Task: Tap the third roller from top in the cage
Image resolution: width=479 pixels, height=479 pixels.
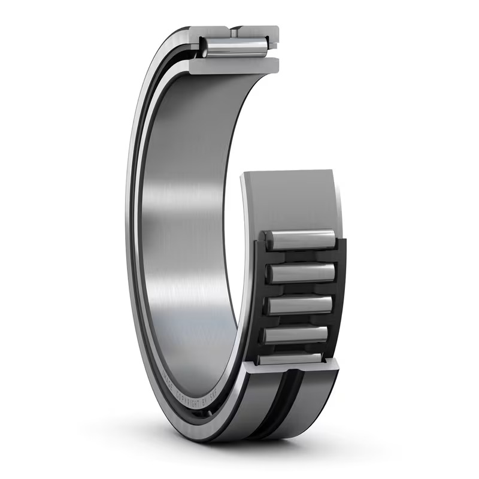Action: pyautogui.click(x=300, y=305)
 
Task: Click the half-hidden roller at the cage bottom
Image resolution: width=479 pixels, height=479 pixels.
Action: pyautogui.click(x=290, y=359)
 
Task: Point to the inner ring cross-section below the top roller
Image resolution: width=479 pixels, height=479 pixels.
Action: pyautogui.click(x=234, y=65)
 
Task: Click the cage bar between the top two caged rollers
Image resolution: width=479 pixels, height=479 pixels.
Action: pyautogui.click(x=300, y=256)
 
